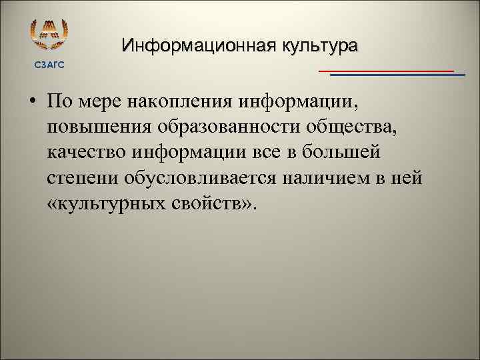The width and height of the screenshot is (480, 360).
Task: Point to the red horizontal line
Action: click(386, 70)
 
